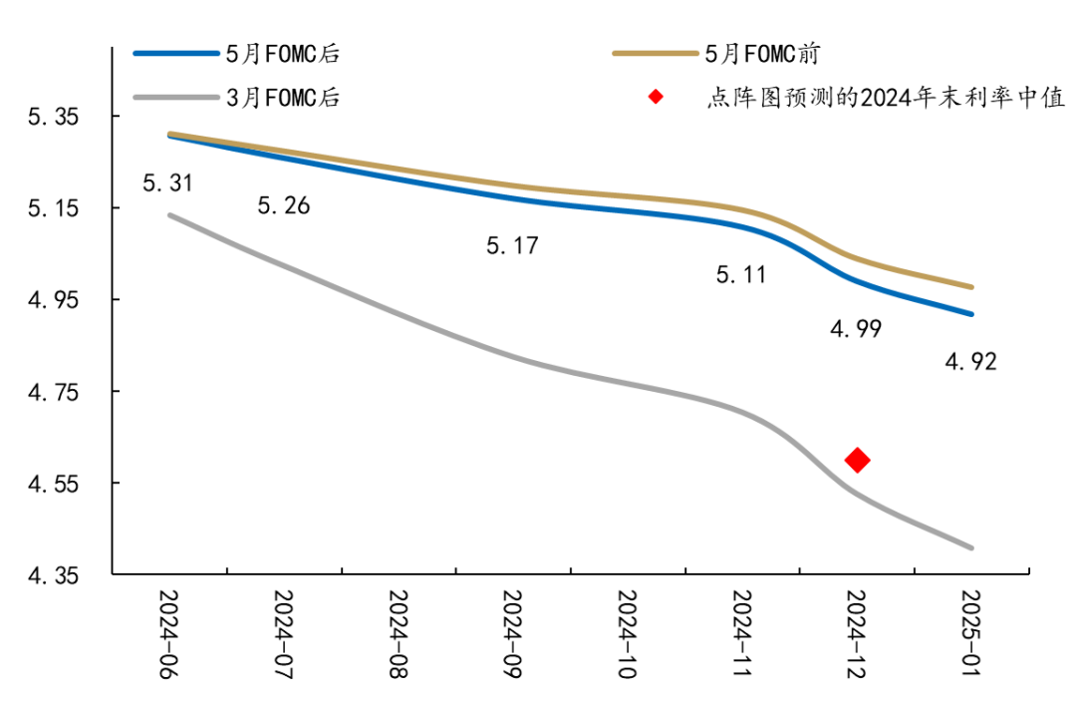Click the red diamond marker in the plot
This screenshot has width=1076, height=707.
pyautogui.click(x=857, y=460)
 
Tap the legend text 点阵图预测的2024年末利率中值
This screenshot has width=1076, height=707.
pyautogui.click(x=886, y=98)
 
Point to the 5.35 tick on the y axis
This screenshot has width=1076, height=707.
pyautogui.click(x=53, y=117)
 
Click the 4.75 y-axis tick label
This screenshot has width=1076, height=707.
pyautogui.click(x=53, y=392)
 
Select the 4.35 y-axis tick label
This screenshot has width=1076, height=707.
pyautogui.click(x=53, y=575)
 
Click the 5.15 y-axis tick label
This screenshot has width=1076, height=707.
pyautogui.click(x=53, y=208)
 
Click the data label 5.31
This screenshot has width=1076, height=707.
pyautogui.click(x=167, y=182)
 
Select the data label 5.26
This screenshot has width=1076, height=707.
pyautogui.click(x=283, y=206)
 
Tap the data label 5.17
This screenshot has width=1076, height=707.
pyautogui.click(x=512, y=244)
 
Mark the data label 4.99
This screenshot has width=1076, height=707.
pyautogui.click(x=855, y=329)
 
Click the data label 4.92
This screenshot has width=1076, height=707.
pyautogui.click(x=970, y=361)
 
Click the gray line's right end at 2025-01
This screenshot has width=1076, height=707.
pyautogui.click(x=971, y=547)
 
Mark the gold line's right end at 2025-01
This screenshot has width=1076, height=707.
pyautogui.click(x=971, y=287)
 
